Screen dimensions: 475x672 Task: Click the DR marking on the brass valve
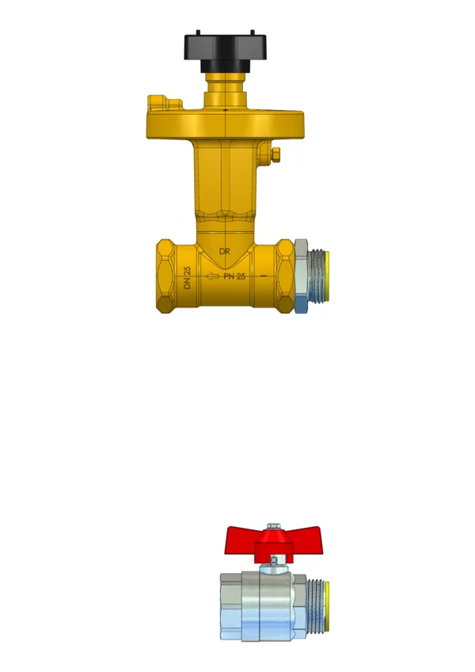point(224,251)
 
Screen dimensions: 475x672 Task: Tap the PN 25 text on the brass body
point(234,277)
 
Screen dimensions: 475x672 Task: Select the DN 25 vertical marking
point(187,277)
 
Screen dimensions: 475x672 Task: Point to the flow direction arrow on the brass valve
point(213,277)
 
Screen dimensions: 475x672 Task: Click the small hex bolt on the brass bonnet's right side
point(275,155)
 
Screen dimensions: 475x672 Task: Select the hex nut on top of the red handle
point(274,526)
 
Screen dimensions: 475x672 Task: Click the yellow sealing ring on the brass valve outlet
point(327,276)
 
